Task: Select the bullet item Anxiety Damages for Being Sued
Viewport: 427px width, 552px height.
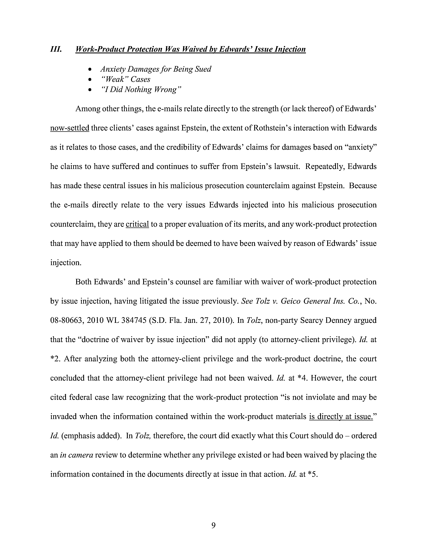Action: tap(156, 69)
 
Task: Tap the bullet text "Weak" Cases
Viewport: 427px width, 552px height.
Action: tap(125, 79)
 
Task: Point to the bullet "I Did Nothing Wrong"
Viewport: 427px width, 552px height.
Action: tap(141, 89)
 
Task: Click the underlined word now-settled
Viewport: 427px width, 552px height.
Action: tap(69, 128)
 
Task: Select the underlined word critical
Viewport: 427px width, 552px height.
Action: tap(137, 224)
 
